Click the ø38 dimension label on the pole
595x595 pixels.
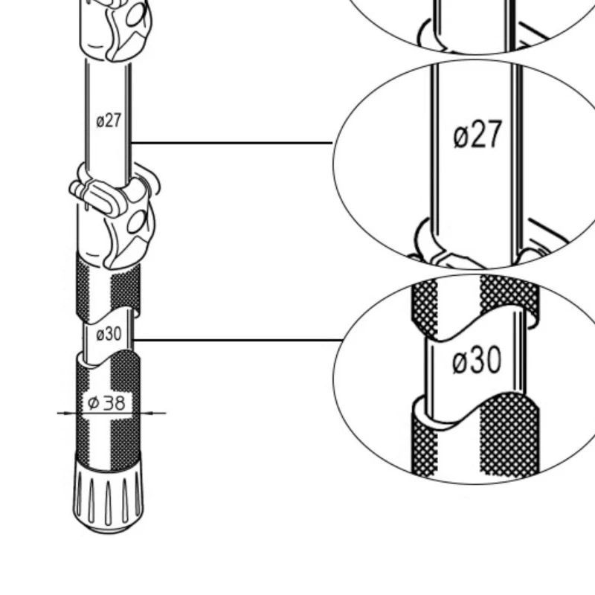click(106, 402)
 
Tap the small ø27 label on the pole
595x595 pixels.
click(109, 120)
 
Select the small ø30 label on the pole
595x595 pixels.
click(109, 334)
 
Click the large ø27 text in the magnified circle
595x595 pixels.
click(477, 134)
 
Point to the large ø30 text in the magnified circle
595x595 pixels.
click(477, 360)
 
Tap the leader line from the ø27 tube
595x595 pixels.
click(231, 143)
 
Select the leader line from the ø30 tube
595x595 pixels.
click(238, 340)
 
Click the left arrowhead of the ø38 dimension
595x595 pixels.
click(68, 414)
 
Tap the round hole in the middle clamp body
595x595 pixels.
click(137, 222)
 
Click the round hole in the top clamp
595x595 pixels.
click(136, 15)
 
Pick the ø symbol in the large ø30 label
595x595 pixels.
click(460, 362)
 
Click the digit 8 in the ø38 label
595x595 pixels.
click(119, 403)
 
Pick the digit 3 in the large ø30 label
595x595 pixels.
click(477, 360)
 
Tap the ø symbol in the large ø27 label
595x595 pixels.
click(460, 137)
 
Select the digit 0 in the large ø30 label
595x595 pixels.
click(494, 360)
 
